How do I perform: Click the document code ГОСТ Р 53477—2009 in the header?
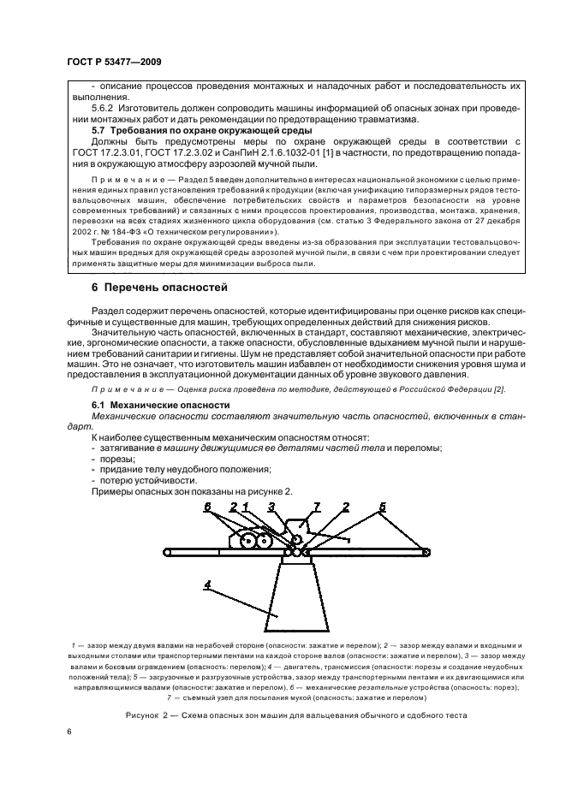pos(113,62)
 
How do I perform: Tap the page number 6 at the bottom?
pos(69,733)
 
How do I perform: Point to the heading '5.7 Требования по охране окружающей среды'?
pos(201,130)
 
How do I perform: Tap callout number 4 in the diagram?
pos(206,584)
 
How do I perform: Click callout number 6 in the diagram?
pos(207,508)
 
